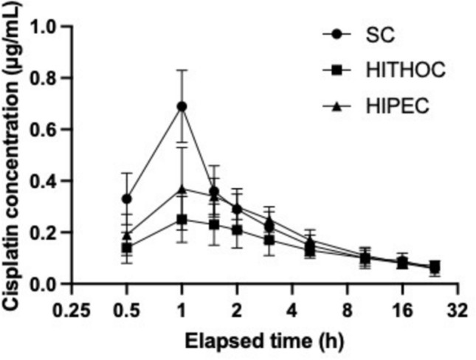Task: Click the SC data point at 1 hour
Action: point(182,106)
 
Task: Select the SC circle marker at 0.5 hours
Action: point(126,199)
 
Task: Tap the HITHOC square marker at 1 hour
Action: point(182,219)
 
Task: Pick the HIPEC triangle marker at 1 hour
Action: point(182,189)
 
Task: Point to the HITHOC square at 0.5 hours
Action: point(126,248)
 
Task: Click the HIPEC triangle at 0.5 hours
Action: point(126,235)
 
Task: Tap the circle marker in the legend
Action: point(337,34)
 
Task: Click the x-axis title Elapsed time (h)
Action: point(263,342)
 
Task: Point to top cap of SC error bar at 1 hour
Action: point(182,70)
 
